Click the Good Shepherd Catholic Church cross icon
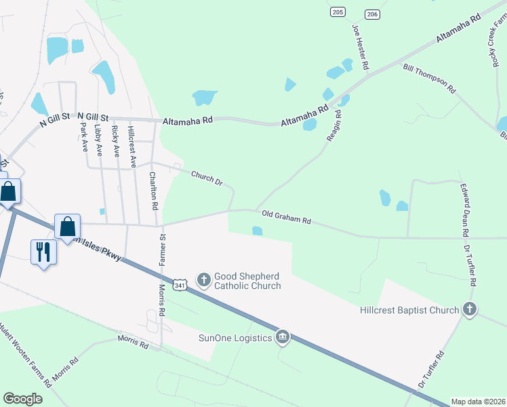pos(203,279)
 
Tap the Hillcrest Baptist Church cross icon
pos(469,310)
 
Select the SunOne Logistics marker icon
pos(283,337)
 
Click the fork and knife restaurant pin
pos(43,252)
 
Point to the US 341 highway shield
pos(180,286)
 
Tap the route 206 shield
pos(371,14)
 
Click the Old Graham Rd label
pos(286,217)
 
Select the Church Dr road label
pos(207,178)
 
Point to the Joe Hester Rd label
pos(360,47)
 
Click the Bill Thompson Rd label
pos(428,79)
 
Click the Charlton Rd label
pos(154,190)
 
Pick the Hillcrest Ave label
pos(132,147)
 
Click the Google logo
pos(23,399)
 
